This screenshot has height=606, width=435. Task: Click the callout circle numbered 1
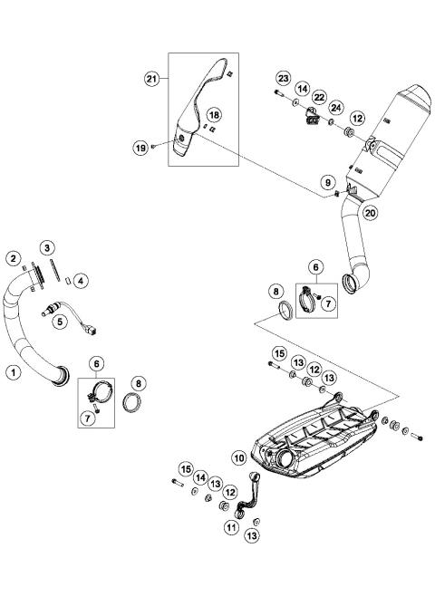tap(13, 370)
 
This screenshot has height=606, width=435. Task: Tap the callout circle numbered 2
tap(14, 259)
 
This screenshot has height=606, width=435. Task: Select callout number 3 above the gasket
tap(46, 247)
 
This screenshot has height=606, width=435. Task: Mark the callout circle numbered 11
tap(232, 527)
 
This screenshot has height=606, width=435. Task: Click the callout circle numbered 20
tap(370, 213)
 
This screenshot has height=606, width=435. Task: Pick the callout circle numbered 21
tap(152, 79)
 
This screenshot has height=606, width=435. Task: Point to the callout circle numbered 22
tap(318, 97)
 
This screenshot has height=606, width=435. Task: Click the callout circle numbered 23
tap(282, 78)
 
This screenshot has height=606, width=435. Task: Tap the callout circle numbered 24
tap(334, 109)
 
